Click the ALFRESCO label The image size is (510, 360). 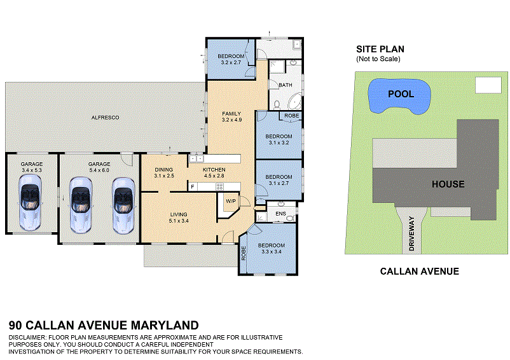[x=106, y=118]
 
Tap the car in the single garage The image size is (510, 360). [x=31, y=202]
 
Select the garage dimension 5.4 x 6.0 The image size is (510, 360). [x=99, y=170]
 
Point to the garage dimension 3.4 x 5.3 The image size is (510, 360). [x=31, y=170]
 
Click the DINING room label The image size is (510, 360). [x=165, y=169]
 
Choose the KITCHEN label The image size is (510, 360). [x=214, y=169]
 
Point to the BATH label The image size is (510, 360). [x=285, y=85]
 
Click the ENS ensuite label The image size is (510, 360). [x=280, y=213]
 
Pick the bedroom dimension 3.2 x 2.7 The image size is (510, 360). [x=231, y=63]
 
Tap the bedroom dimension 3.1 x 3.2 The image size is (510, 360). [x=279, y=143]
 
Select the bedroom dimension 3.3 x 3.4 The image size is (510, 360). [x=271, y=251]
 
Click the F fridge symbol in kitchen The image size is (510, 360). [x=192, y=187]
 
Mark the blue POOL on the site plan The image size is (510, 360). [x=400, y=95]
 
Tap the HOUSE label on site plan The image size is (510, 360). [x=448, y=184]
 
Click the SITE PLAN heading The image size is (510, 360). [x=380, y=49]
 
